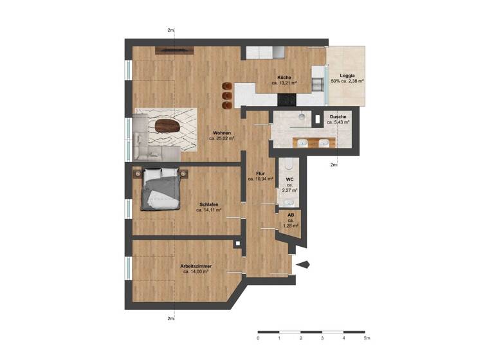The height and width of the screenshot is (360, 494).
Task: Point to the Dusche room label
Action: (338, 116)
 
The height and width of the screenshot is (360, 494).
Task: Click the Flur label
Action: (261, 173)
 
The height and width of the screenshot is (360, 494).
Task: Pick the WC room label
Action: (289, 179)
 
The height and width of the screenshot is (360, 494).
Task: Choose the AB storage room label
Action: (291, 215)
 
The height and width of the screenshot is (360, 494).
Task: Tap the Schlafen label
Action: (209, 204)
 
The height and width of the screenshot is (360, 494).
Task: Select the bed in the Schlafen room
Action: (161, 187)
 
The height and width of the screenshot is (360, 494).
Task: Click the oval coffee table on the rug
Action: (165, 125)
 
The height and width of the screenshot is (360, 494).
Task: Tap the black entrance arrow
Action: (303, 263)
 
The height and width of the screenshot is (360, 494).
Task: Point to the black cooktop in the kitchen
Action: (286, 100)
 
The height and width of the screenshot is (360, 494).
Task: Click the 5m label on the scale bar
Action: (365, 337)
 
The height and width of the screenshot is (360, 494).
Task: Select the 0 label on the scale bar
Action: (258, 337)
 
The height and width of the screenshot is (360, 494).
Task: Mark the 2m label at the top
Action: (171, 30)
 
